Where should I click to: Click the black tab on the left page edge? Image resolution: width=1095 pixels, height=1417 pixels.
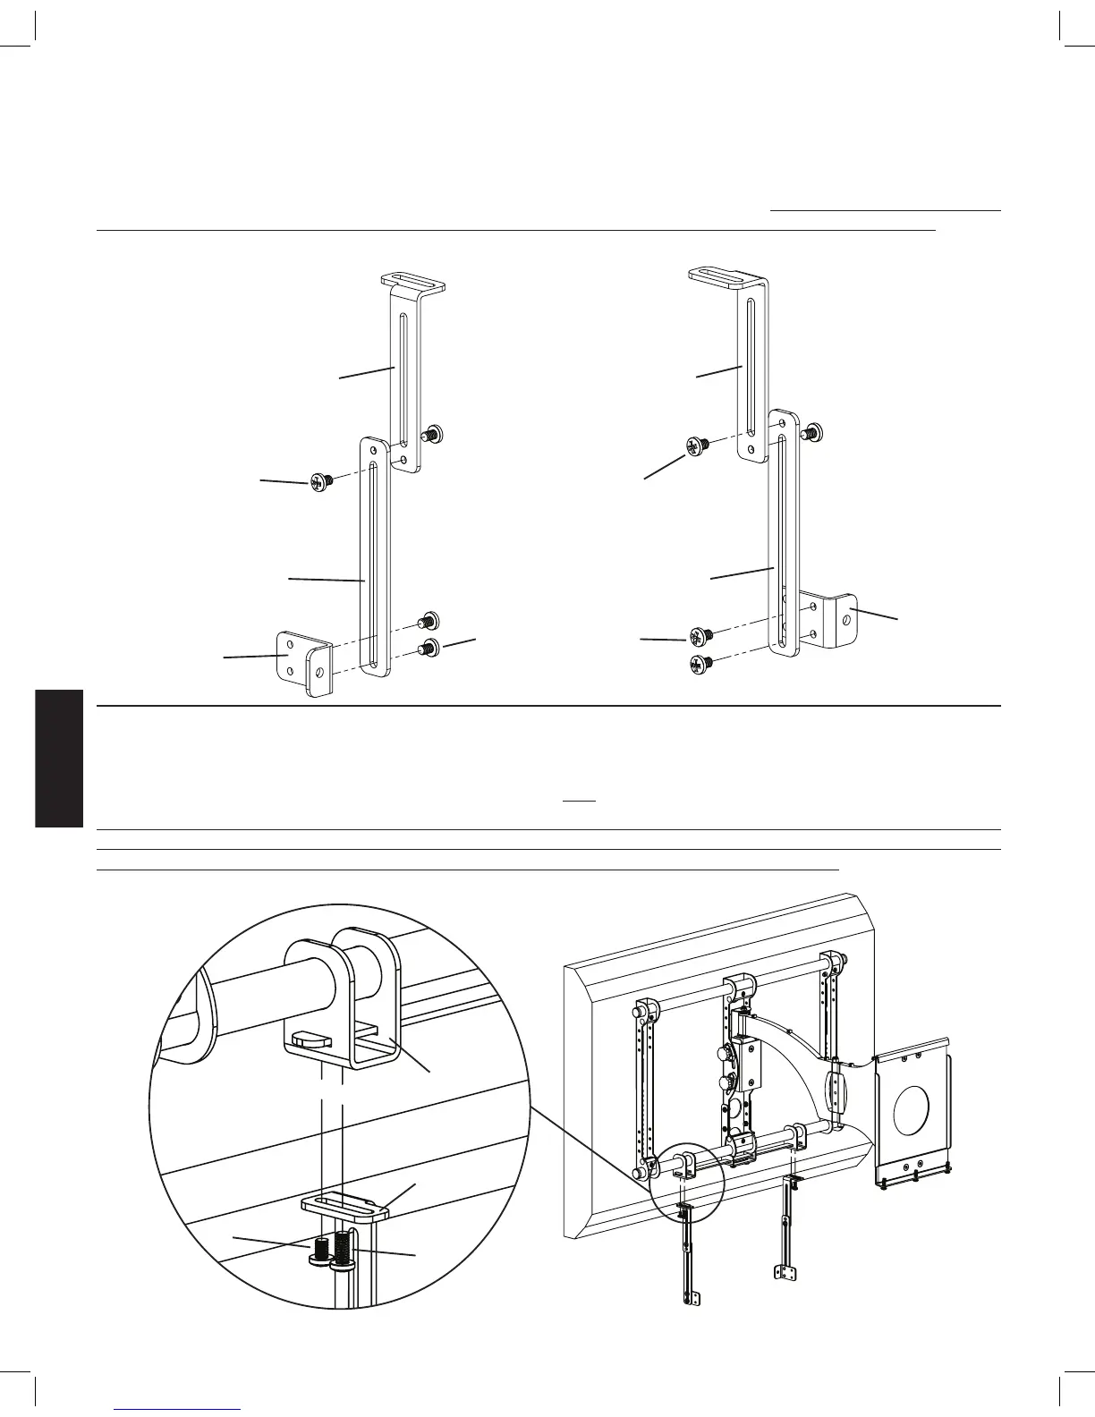click(x=59, y=759)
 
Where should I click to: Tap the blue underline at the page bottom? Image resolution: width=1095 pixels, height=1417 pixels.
click(x=178, y=1409)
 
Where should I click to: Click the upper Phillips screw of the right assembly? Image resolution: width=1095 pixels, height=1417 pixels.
click(x=697, y=445)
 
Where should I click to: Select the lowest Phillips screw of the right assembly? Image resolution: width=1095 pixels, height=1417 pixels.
click(x=699, y=664)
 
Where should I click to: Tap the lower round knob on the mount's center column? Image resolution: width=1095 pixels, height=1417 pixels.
click(x=723, y=1085)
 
